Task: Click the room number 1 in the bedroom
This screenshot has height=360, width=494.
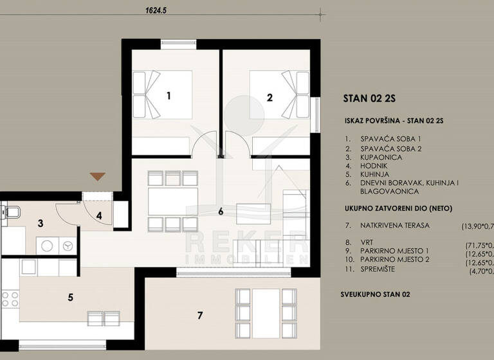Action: (169, 96)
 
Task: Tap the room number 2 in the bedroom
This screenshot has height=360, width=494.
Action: (270, 98)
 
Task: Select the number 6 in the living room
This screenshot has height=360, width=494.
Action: (220, 211)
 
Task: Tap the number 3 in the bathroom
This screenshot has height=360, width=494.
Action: (40, 224)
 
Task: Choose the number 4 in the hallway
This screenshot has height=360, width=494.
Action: (98, 215)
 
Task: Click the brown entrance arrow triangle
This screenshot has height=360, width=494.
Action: (97, 176)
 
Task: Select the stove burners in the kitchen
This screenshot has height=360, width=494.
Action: (10, 298)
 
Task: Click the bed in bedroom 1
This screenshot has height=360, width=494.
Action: (162, 94)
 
